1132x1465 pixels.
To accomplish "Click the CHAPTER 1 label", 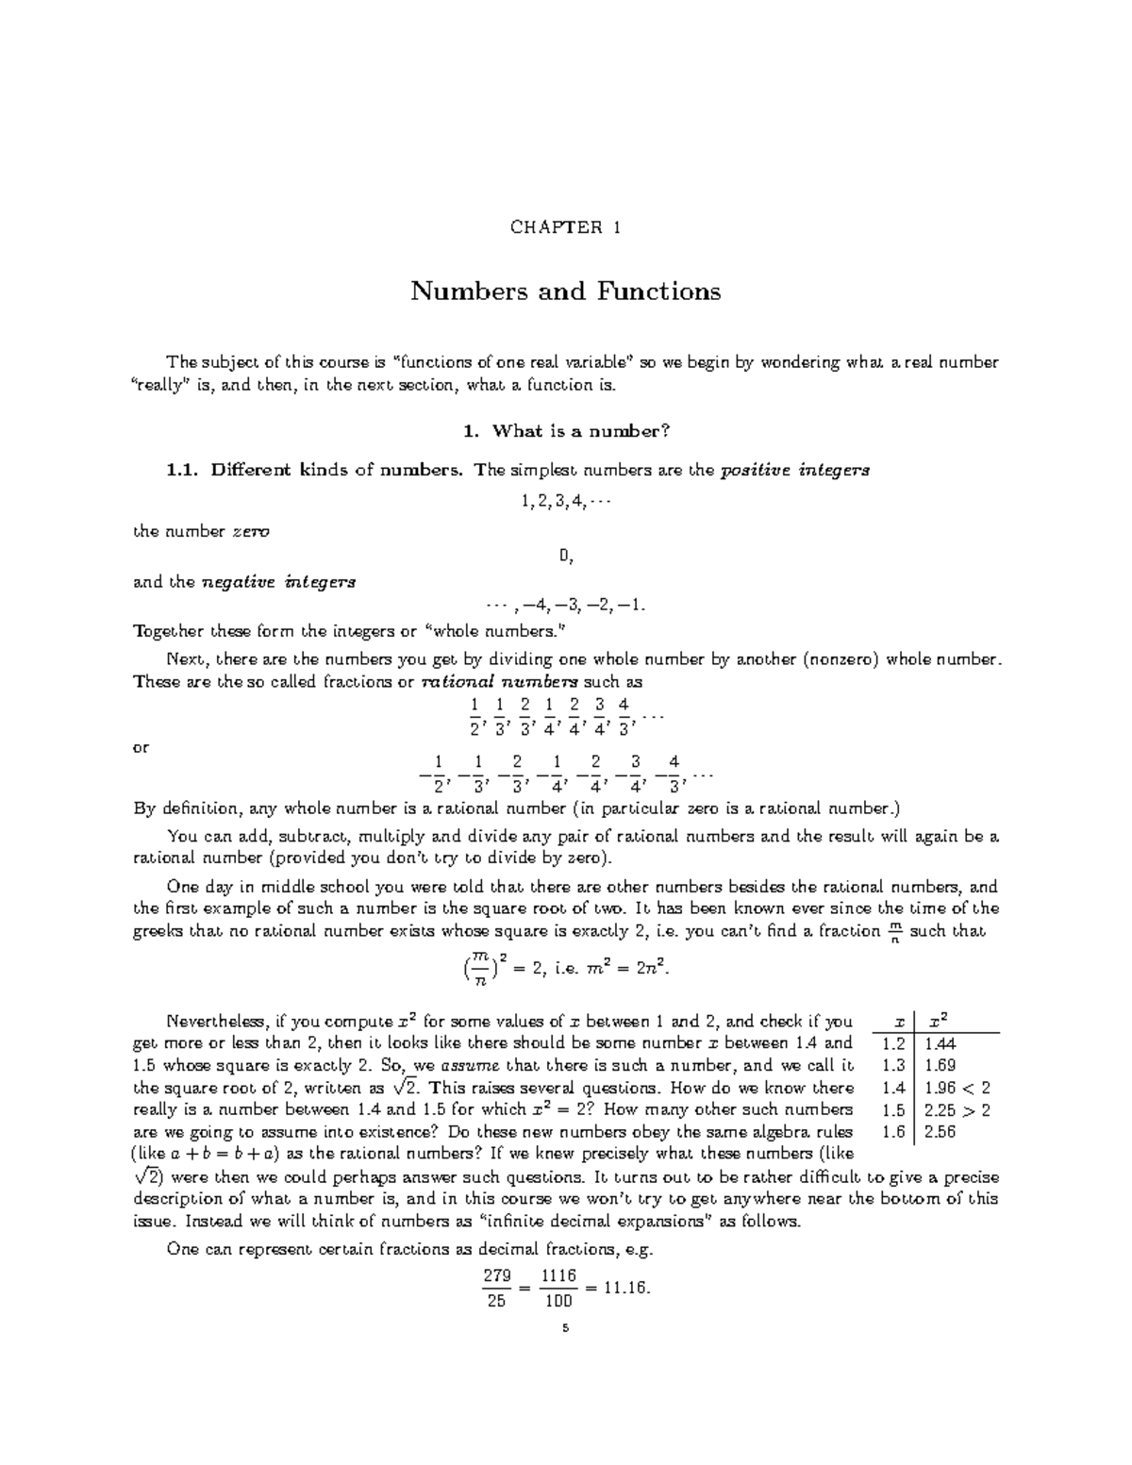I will click(x=565, y=227).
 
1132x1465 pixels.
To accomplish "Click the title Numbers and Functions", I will click(x=565, y=291).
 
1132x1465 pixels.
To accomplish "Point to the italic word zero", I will click(x=251, y=531).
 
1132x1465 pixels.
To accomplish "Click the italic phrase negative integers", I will click(x=279, y=582).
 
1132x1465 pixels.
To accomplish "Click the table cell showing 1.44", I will click(x=941, y=1043).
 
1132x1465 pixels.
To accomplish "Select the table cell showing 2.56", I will click(x=941, y=1132).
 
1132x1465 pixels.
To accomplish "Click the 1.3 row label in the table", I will click(x=893, y=1066).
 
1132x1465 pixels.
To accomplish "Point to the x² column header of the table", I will click(x=939, y=1021).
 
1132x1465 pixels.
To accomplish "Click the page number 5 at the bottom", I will click(x=565, y=1328).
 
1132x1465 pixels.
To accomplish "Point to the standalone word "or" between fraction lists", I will click(x=141, y=747).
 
